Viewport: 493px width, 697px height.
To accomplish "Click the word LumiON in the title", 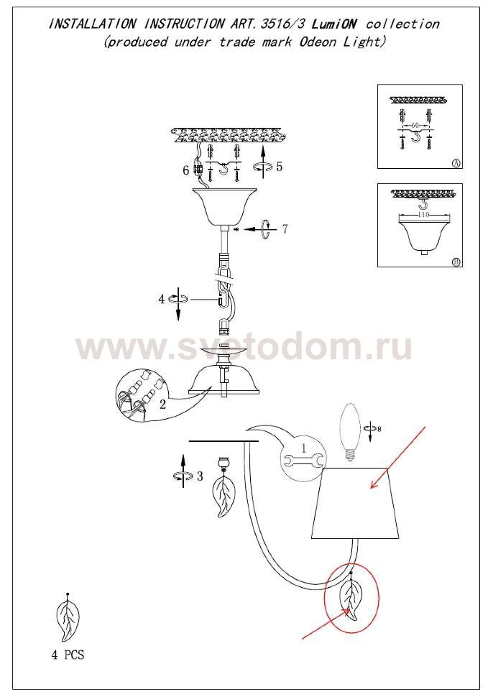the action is click(334, 24).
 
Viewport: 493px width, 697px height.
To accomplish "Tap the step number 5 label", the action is click(279, 167).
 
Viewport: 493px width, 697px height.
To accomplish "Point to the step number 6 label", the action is click(186, 170).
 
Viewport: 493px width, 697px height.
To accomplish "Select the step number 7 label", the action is click(285, 229).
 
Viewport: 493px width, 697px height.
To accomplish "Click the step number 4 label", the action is click(162, 299).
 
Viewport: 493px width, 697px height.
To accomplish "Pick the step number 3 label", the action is click(200, 476).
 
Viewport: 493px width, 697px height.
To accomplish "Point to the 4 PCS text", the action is click(68, 655).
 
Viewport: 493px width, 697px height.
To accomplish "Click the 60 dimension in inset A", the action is click(415, 126).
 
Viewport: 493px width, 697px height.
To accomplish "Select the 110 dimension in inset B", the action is click(423, 215).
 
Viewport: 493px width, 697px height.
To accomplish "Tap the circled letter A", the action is click(455, 163).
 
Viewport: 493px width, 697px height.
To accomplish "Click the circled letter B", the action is click(455, 262).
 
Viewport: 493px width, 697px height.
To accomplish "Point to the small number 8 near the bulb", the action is click(379, 429).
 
